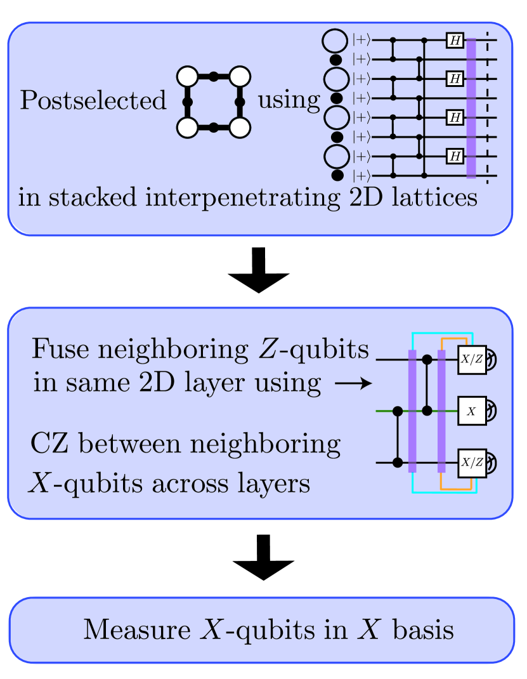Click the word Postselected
pyautogui.click(x=93, y=101)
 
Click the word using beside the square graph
pyautogui.click(x=289, y=100)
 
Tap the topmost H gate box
pyautogui.click(x=455, y=41)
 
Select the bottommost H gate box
pyautogui.click(x=455, y=155)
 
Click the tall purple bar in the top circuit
pyautogui.click(x=471, y=108)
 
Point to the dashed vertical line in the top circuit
pyautogui.click(x=487, y=108)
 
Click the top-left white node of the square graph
pyautogui.click(x=188, y=77)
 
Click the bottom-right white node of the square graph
pyautogui.click(x=240, y=128)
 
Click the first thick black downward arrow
pyautogui.click(x=258, y=272)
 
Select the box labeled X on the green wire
pyautogui.click(x=471, y=411)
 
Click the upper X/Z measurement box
pyautogui.click(x=471, y=360)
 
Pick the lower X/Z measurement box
pyautogui.click(x=471, y=463)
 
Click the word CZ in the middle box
pyautogui.click(x=50, y=445)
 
